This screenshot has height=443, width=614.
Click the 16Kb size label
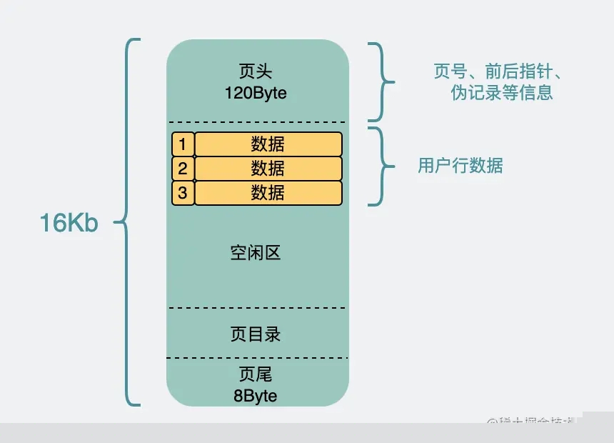click(69, 223)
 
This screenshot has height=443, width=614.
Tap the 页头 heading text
click(256, 71)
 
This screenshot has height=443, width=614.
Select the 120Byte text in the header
click(256, 93)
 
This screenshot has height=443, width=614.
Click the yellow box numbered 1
click(183, 144)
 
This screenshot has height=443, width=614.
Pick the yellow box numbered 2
click(183, 169)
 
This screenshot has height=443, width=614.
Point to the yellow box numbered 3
click(183, 193)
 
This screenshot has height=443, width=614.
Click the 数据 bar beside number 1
click(268, 144)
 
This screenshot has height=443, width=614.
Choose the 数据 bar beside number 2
click(268, 169)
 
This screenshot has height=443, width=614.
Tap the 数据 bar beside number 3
click(268, 193)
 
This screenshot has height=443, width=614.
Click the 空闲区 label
click(256, 253)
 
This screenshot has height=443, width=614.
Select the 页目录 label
click(256, 334)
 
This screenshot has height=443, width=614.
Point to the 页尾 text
click(256, 374)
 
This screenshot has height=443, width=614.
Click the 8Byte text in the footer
click(256, 395)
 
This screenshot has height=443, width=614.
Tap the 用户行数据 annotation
click(460, 166)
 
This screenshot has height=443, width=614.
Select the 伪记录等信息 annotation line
click(502, 93)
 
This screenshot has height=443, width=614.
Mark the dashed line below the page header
click(257, 122)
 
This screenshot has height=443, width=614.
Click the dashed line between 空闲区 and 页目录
click(257, 308)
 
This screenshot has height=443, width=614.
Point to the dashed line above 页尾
click(257, 358)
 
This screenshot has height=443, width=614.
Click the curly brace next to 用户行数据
click(383, 166)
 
